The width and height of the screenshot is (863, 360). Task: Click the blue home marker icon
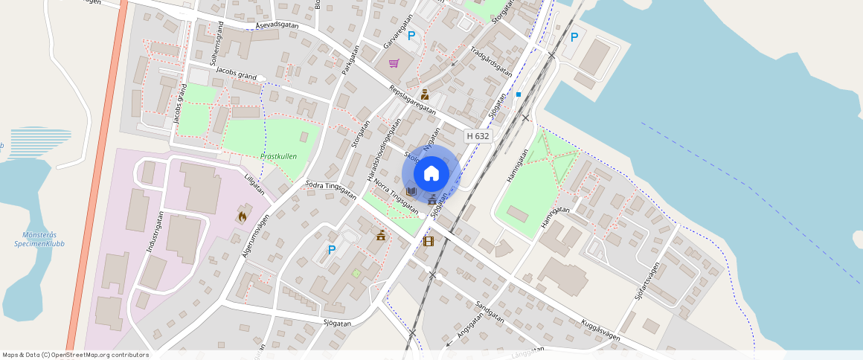pos(431,174)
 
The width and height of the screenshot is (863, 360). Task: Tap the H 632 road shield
pos(478,136)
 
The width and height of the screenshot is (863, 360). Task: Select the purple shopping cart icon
pos(394,63)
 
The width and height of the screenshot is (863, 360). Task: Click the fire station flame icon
pos(242,216)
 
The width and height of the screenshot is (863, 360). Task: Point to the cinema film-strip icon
pos(428,240)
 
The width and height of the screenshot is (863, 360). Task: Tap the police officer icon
pos(424,94)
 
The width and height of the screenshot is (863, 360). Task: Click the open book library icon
pos(411,192)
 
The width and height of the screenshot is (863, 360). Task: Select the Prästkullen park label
pos(279,156)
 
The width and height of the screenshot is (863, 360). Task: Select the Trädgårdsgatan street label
pos(491,61)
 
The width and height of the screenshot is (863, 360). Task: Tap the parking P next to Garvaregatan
pos(411,36)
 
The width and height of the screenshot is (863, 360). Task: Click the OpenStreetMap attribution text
pos(75,355)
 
